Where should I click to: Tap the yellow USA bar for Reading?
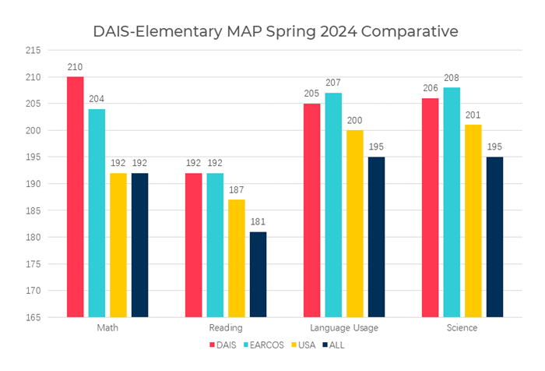pos(237,258)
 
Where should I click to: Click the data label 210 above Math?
pos(76,68)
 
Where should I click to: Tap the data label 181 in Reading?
pos(258,223)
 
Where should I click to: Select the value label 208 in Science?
pos(452,79)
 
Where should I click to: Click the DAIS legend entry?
pos(223,344)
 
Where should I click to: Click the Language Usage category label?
pos(344,328)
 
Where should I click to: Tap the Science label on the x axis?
pos(462,328)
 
